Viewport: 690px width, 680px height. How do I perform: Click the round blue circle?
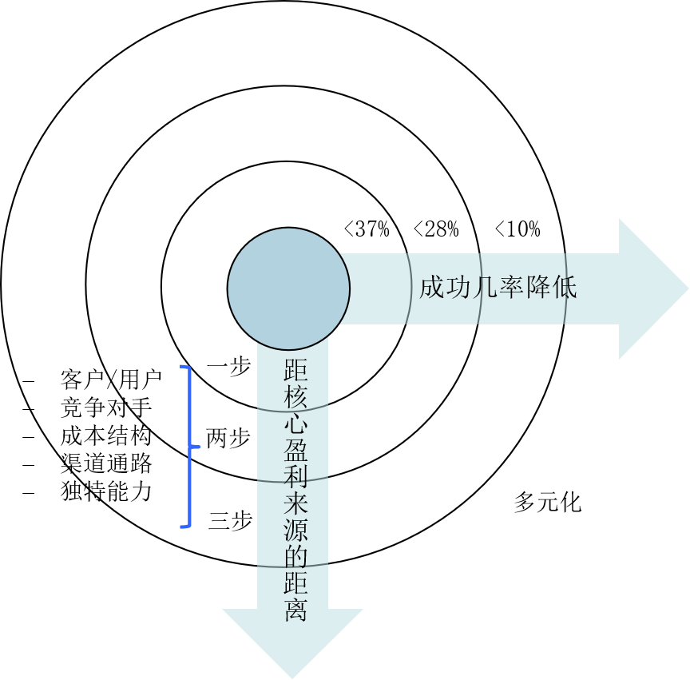click(288, 288)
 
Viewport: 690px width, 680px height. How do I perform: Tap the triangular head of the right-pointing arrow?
click(650, 288)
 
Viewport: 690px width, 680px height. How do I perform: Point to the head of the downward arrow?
click(292, 639)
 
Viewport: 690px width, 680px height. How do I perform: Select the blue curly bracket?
click(189, 447)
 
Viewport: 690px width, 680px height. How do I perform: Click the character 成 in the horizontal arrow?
click(432, 288)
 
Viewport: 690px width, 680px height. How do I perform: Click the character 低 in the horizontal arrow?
click(564, 288)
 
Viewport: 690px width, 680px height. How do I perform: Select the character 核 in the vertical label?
click(295, 397)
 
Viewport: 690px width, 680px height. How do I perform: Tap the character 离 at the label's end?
click(295, 610)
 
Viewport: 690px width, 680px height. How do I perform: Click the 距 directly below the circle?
click(295, 371)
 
